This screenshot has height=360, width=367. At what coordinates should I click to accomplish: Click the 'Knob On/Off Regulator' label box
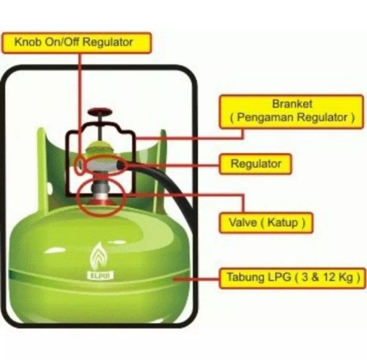[76, 42]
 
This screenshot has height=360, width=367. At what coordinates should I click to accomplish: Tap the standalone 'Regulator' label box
[256, 164]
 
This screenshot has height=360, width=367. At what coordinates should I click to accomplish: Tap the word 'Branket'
[292, 103]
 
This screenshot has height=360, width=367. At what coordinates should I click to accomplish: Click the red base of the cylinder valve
[99, 202]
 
